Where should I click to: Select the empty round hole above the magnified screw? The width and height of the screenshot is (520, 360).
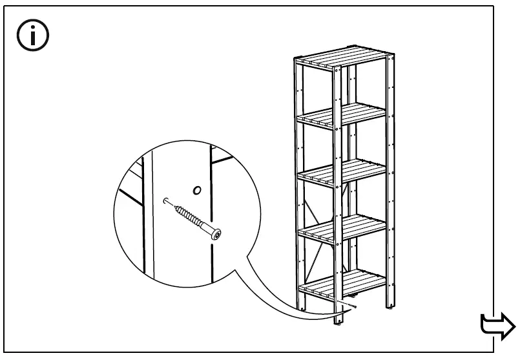(x=197, y=190)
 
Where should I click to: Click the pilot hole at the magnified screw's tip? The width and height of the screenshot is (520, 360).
(x=167, y=201)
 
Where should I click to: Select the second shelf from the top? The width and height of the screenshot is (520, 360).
(x=342, y=116)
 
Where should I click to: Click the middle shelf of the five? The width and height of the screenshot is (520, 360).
(x=342, y=173)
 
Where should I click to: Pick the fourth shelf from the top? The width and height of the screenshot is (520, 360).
(x=342, y=227)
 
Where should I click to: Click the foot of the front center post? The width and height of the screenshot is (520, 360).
(x=338, y=321)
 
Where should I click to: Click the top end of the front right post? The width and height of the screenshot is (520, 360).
(x=390, y=58)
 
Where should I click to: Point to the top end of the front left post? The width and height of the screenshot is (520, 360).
(x=296, y=60)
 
